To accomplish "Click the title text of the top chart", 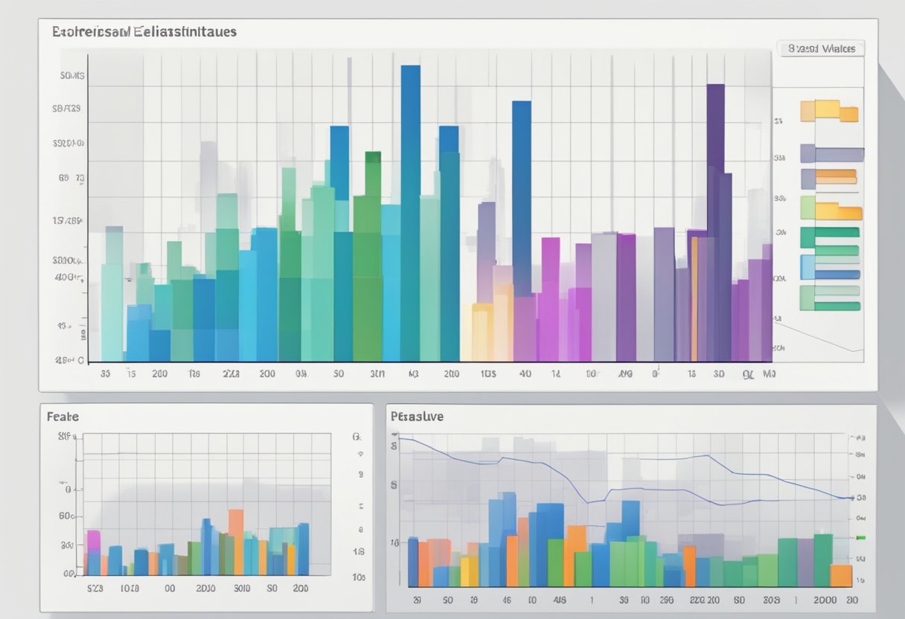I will coord(144,32).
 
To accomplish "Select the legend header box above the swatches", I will coord(821,48).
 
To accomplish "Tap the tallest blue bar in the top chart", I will coord(410,208).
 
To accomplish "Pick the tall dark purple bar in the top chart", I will coord(715,216).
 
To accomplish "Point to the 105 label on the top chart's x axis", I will coord(488,374).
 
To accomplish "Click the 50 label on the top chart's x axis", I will coord(339,374).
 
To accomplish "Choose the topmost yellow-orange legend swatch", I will coord(828,111).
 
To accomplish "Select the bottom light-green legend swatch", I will coord(830,298).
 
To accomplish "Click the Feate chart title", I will coord(63,417).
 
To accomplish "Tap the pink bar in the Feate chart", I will coord(93,551).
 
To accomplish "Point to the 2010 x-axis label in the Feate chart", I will coord(205,588).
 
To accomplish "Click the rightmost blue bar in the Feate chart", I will coord(303,548).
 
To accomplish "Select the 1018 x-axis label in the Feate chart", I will coord(129,588).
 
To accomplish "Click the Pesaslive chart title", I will coord(417,417).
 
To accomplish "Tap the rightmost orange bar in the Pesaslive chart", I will coord(841,575).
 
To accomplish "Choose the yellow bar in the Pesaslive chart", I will coord(469,571).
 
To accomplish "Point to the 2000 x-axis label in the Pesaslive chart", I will coord(824,599).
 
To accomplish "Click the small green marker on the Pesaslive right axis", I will coord(861,537).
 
